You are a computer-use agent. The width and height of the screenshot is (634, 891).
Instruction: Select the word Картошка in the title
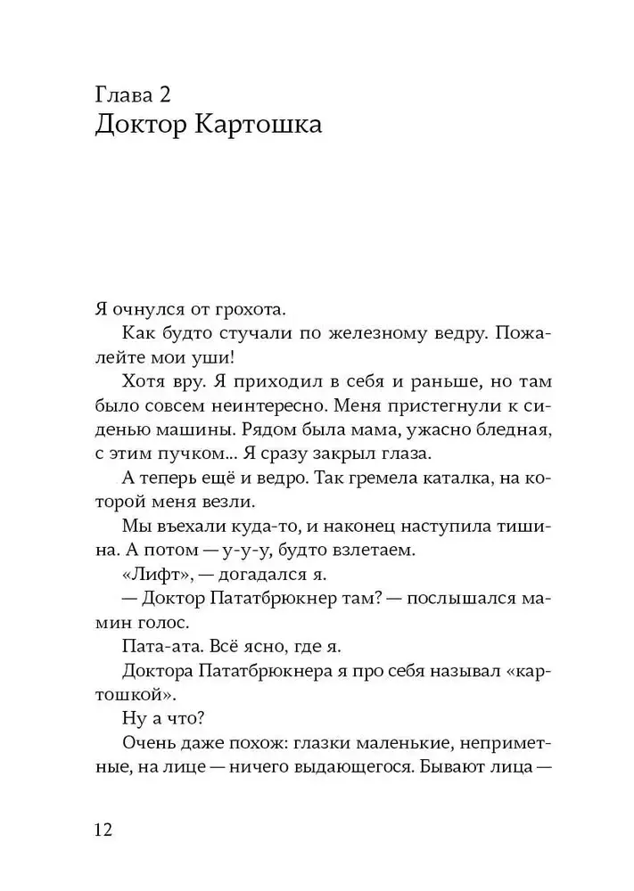[x=254, y=126]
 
